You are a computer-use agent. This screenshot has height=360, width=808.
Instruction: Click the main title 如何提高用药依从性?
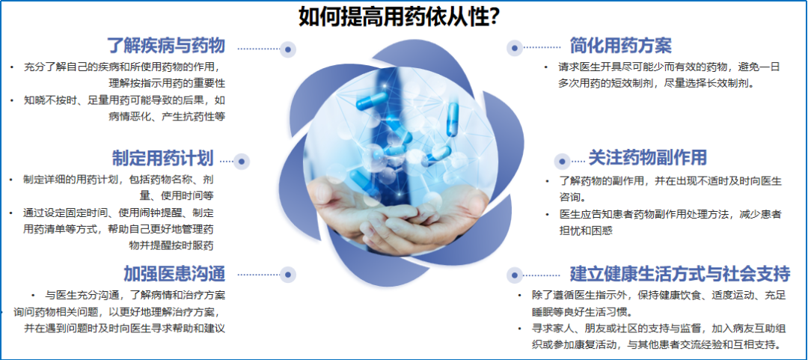click(400, 16)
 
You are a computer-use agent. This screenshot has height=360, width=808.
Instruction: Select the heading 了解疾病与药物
click(165, 46)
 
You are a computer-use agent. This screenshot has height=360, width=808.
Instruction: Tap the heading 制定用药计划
click(163, 158)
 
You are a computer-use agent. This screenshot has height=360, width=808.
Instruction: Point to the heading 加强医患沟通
click(174, 273)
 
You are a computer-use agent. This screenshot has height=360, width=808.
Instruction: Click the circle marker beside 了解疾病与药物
click(289, 49)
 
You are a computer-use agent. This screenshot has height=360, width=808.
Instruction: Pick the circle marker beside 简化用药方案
click(514, 48)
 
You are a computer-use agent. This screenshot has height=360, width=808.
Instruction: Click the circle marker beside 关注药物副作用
click(562, 161)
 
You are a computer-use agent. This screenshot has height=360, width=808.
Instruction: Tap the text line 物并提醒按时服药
click(171, 245)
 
